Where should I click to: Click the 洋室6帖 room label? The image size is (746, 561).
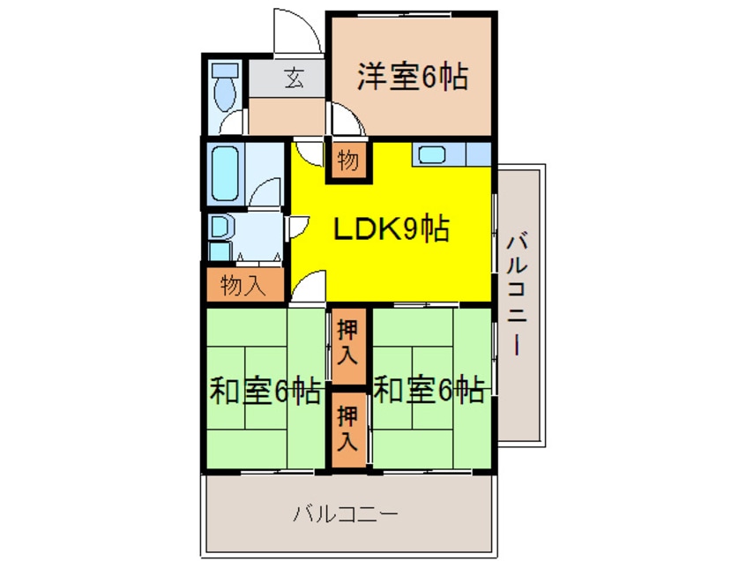tap(412, 79)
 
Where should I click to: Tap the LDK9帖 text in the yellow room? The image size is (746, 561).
tap(391, 230)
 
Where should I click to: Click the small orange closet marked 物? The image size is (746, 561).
tap(348, 161)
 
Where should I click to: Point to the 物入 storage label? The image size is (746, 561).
tap(242, 285)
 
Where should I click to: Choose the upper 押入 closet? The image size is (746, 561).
tap(348, 345)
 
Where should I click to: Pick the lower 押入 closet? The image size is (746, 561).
tap(348, 428)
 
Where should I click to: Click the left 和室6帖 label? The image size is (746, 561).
tap(265, 389)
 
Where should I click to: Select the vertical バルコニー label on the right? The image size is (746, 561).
tap(518, 292)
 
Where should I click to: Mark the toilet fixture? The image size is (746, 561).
tap(226, 84)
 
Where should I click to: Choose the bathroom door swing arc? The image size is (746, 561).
tap(267, 191)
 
